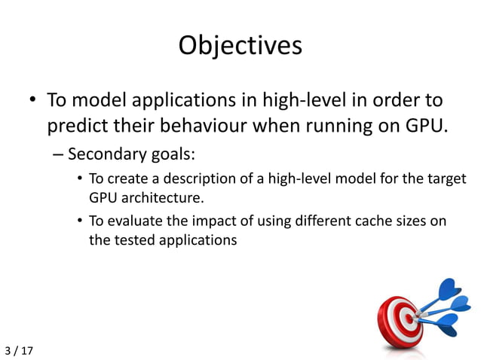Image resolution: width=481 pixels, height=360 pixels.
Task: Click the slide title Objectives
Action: coord(240,46)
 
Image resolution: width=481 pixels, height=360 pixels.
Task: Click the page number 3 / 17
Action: coord(20,351)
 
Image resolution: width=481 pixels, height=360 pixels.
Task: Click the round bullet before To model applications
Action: coord(33,101)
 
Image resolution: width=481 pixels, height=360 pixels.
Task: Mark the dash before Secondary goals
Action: coord(59,155)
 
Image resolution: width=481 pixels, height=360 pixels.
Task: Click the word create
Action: coord(122,179)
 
